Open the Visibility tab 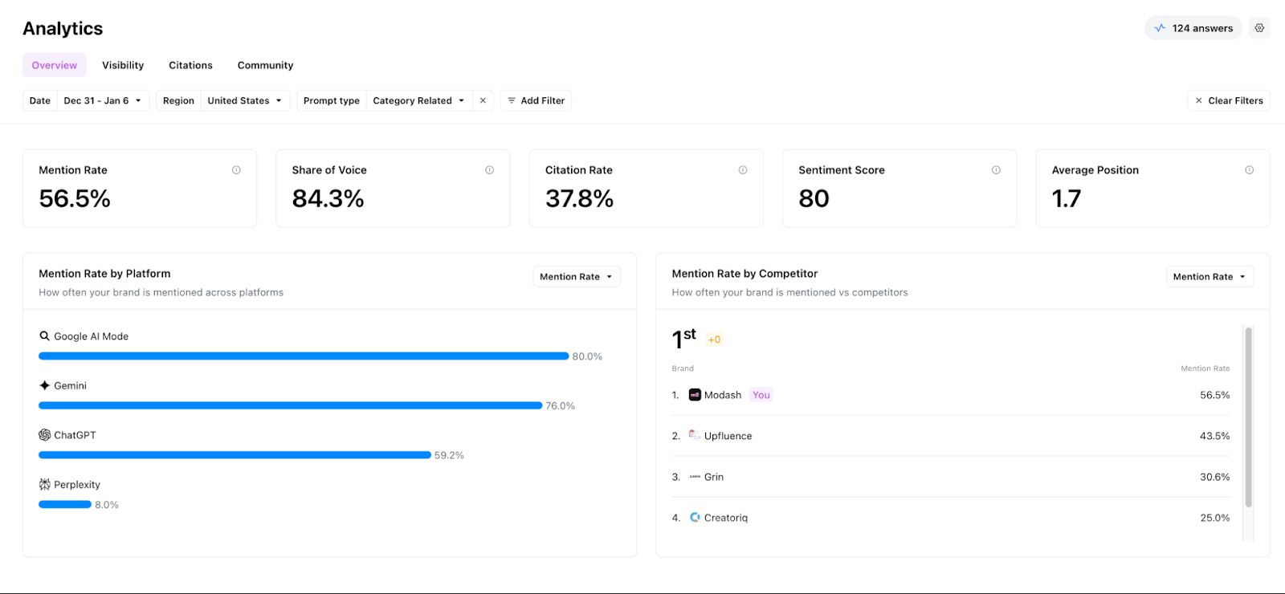123,65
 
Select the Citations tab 190,65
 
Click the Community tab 265,65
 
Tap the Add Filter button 536,100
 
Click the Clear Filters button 1229,100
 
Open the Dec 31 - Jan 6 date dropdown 103,100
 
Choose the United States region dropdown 244,100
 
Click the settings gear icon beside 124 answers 1259,28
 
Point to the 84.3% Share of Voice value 328,198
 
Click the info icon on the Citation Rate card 743,170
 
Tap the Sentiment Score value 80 814,198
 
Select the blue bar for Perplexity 65,504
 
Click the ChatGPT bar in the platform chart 235,455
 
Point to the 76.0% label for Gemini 560,406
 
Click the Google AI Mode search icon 45,336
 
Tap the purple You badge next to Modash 761,395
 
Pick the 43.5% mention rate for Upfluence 1214,436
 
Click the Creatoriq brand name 725,518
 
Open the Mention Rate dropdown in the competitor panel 1209,277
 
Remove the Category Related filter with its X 483,100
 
